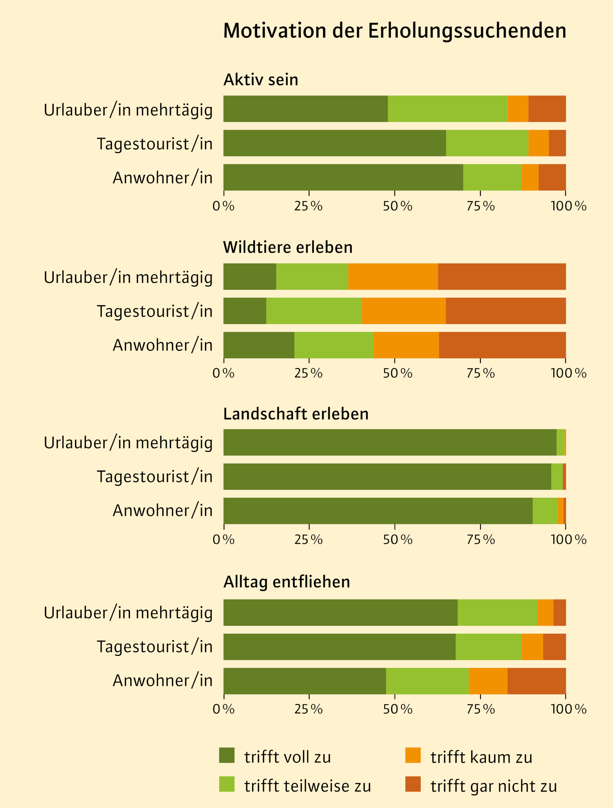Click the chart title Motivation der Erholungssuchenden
tap(395, 31)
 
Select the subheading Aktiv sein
tap(261, 80)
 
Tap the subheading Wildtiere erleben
tap(288, 247)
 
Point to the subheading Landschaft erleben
tap(296, 414)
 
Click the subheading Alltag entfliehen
tap(287, 582)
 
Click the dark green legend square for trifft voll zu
tap(227, 755)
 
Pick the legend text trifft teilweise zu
tap(307, 786)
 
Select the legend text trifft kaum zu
tap(481, 757)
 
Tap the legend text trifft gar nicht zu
tap(493, 786)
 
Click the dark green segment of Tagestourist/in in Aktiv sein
tap(334, 143)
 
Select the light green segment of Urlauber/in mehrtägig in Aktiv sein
tap(447, 109)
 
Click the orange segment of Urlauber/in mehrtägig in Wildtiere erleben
tap(393, 276)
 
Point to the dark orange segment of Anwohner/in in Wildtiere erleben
tap(502, 345)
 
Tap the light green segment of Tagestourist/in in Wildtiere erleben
tap(314, 311)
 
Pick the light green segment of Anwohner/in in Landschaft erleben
tap(545, 510)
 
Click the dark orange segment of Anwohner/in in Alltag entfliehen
tap(536, 681)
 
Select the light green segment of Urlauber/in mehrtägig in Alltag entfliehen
tap(497, 612)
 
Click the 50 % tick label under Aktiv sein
tap(398, 206)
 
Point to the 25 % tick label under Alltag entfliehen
tap(308, 709)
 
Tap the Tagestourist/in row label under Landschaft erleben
tap(154, 477)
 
